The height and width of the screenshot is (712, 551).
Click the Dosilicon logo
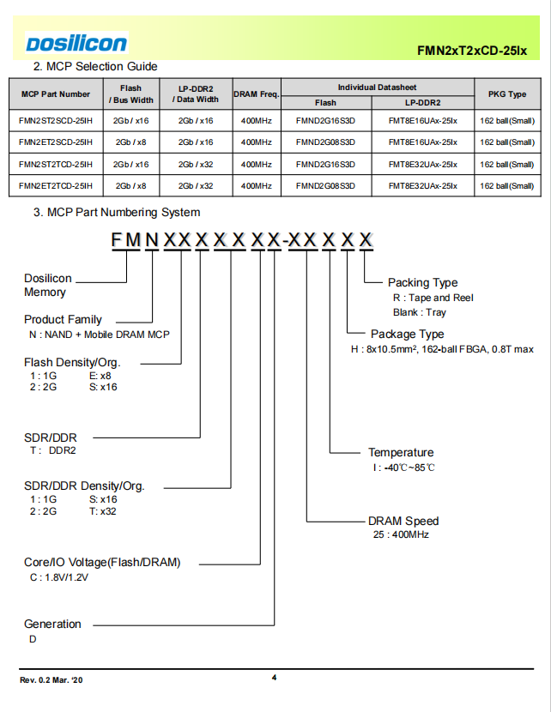(x=76, y=44)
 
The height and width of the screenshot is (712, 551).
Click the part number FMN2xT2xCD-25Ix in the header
(x=472, y=51)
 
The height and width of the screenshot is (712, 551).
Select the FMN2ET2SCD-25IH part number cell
(x=56, y=142)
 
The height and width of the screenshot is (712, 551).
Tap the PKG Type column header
(x=507, y=94)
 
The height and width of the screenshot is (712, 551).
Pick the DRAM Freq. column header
(x=257, y=94)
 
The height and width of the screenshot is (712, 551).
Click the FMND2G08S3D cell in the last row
(x=325, y=185)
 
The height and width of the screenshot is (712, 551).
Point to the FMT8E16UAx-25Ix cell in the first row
(x=422, y=121)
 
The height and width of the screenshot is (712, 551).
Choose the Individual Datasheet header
(x=377, y=87)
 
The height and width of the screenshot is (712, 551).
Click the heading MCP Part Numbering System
(x=117, y=212)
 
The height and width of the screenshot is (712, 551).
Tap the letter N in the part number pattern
(x=152, y=239)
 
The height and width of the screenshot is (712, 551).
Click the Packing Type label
(x=422, y=282)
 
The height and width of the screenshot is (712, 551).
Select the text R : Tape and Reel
(x=433, y=298)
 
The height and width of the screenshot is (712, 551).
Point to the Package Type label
(x=407, y=335)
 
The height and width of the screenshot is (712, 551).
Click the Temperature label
(x=401, y=452)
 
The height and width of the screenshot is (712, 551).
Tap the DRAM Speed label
(x=403, y=521)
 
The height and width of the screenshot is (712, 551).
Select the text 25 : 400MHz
(x=401, y=534)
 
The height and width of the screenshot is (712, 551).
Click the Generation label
(x=52, y=624)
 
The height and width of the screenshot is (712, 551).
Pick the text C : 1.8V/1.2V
(x=59, y=577)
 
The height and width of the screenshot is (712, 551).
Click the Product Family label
(x=63, y=319)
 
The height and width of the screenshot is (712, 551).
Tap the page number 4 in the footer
(x=274, y=678)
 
